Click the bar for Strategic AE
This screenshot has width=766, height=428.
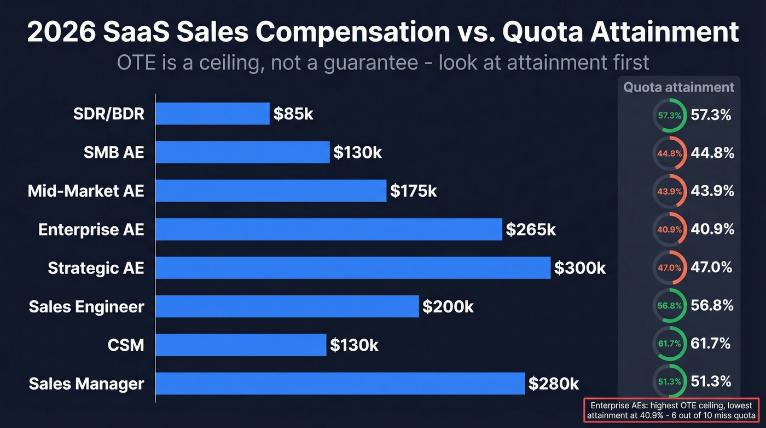tap(353, 268)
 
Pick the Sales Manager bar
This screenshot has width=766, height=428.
tap(340, 384)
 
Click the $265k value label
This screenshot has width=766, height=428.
tap(531, 230)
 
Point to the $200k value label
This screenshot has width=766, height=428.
tap(448, 307)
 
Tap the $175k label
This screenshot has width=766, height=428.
tap(413, 191)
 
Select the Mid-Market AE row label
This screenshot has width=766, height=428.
tap(86, 191)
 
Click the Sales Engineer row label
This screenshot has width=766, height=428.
tap(86, 307)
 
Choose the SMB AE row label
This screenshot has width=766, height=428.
tap(114, 152)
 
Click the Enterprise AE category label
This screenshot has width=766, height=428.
tap(91, 230)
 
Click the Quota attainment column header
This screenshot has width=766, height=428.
tap(678, 87)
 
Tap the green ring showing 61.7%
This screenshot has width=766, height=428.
tap(670, 344)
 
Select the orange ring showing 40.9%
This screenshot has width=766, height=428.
tap(670, 230)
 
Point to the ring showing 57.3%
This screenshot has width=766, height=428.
tap(670, 116)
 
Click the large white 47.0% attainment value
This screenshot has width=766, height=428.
tap(711, 267)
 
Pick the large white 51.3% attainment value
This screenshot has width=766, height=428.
tap(711, 381)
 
